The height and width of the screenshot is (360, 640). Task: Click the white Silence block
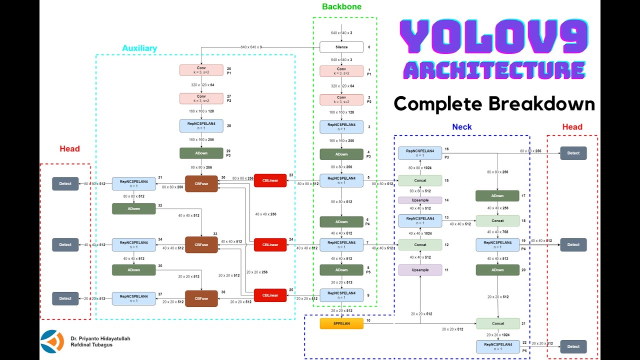[341, 47]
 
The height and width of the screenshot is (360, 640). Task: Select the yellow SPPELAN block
[341, 323]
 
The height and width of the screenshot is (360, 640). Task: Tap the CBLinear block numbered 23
[270, 180]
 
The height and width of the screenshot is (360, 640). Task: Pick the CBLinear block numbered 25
[270, 295]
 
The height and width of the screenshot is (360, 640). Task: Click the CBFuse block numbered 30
[201, 183]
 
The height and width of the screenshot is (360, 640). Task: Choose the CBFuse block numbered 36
[201, 298]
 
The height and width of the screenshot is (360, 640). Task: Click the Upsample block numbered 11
[420, 270]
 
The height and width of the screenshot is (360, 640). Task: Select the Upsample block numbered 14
[420, 200]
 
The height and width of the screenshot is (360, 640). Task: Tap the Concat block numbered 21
[497, 323]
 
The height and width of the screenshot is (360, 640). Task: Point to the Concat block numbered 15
[420, 180]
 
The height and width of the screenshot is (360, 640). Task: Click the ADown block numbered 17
[497, 196]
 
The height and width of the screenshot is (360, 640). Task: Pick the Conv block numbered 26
[201, 70]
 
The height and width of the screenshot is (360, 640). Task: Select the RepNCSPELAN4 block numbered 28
[201, 125]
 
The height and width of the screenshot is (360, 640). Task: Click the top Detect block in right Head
[573, 153]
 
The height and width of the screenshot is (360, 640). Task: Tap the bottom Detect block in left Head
[65, 298]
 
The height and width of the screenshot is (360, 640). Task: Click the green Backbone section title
[341, 7]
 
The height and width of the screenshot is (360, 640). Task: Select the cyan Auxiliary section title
[139, 48]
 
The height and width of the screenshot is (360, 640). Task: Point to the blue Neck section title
[461, 127]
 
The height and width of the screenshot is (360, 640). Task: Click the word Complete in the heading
[436, 104]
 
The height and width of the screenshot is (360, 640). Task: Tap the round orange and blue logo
[52, 342]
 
